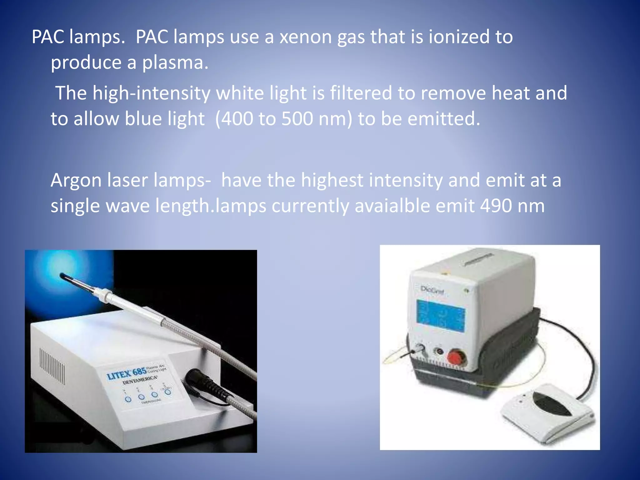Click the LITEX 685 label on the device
pos(127,374)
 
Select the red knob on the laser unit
pos(455,356)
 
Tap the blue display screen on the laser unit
pos(441,316)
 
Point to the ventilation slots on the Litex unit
pos(52,366)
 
